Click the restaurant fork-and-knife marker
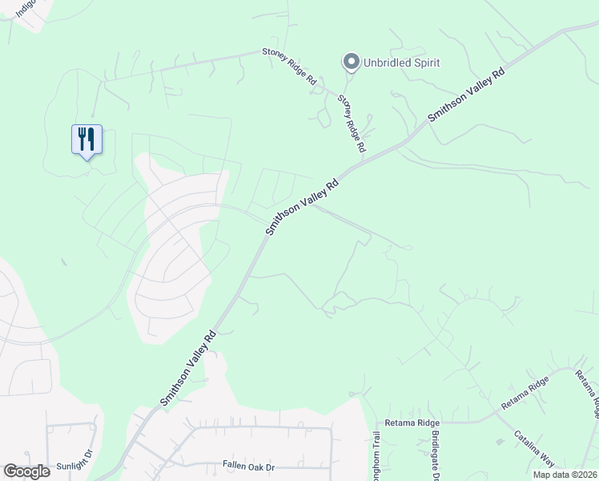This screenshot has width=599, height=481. [86, 140]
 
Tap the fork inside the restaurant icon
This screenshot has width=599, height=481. [82, 138]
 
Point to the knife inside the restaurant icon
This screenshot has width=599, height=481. [91, 138]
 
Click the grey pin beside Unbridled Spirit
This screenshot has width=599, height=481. [350, 62]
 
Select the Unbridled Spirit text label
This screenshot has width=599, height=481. [400, 63]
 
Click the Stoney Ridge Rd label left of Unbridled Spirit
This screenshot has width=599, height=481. [289, 67]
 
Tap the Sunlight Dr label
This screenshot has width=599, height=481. [74, 465]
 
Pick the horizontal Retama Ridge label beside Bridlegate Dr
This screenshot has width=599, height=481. [412, 422]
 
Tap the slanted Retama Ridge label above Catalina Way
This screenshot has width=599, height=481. [525, 393]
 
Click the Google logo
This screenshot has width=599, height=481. [27, 471]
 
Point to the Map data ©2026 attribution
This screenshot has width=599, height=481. [564, 475]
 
